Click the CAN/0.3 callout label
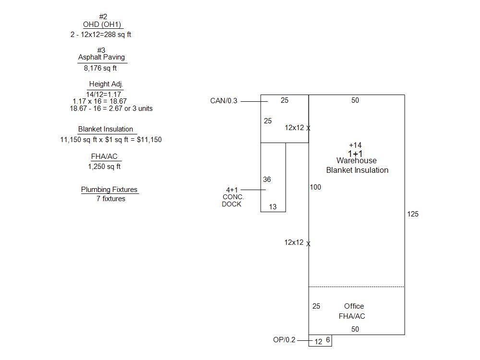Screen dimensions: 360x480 coord(224,101)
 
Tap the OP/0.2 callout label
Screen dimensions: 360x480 coord(284,340)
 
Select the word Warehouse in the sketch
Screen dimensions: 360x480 coord(356,161)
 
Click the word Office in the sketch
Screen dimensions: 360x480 coord(354,306)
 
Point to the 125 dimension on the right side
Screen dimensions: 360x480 coord(413,214)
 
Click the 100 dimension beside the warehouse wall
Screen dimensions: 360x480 coord(315,187)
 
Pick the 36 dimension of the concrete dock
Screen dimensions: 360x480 coord(267,180)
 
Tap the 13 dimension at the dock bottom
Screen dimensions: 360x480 coord(273,207)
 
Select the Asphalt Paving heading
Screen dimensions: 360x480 coord(101,57)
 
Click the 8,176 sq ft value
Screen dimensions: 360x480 coord(100,68)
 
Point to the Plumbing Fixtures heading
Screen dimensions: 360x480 coord(109,190)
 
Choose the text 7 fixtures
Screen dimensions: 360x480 coord(111,199)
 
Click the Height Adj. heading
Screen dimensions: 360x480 coord(106,84)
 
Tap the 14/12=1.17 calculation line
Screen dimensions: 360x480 coord(104,95)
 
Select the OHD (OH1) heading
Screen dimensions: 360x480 coord(102,25)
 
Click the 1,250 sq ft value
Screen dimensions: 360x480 coord(104,167)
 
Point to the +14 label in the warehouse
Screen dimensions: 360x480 coord(355,145)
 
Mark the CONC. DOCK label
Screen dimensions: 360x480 coord(233,201)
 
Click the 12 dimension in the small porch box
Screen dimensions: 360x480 coord(318,342)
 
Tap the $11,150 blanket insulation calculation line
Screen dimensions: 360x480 coord(111,140)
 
